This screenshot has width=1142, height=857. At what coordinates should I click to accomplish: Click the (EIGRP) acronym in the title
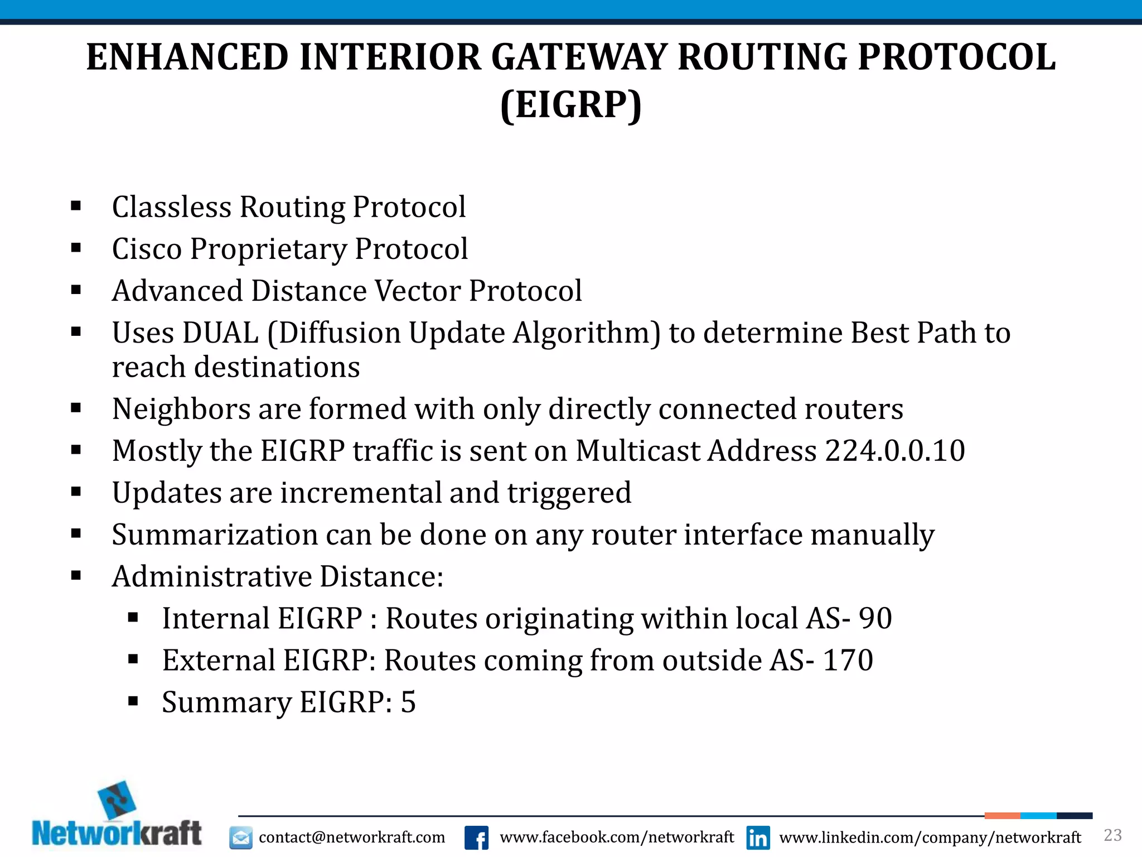coord(571,105)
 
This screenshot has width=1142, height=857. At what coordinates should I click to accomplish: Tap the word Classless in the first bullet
coord(171,207)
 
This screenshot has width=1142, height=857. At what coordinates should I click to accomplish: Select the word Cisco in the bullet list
coord(147,249)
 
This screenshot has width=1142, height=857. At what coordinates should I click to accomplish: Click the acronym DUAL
coord(220,333)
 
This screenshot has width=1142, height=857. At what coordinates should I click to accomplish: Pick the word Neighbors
coord(181,409)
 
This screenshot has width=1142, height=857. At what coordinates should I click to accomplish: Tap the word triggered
coord(569,493)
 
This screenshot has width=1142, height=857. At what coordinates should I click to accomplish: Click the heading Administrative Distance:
coord(278,577)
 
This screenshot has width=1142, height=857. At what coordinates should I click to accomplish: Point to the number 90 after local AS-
coord(875,619)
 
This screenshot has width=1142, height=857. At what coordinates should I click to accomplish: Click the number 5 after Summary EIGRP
coord(408,702)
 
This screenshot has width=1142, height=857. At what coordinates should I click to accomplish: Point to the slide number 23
coord(1113,835)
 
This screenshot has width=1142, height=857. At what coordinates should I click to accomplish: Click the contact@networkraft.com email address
coord(352,837)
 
